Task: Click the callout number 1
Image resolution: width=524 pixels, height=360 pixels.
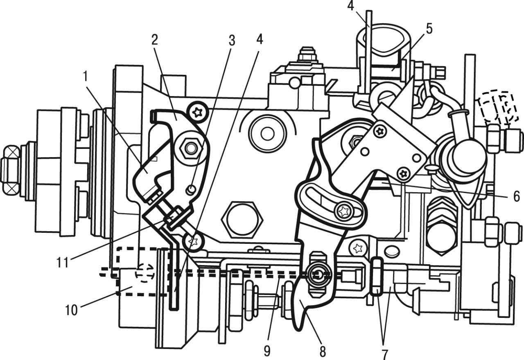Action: click(x=86, y=76)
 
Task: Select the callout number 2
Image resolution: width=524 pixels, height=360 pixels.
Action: click(x=154, y=40)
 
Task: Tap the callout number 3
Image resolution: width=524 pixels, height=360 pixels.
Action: click(x=232, y=40)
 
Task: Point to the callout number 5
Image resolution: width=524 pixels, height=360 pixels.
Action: click(x=429, y=29)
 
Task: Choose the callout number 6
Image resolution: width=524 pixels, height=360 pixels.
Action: click(x=516, y=197)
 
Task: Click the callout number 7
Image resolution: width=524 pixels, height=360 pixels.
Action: click(x=385, y=353)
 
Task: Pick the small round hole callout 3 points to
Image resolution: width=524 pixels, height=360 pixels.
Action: click(x=190, y=189)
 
